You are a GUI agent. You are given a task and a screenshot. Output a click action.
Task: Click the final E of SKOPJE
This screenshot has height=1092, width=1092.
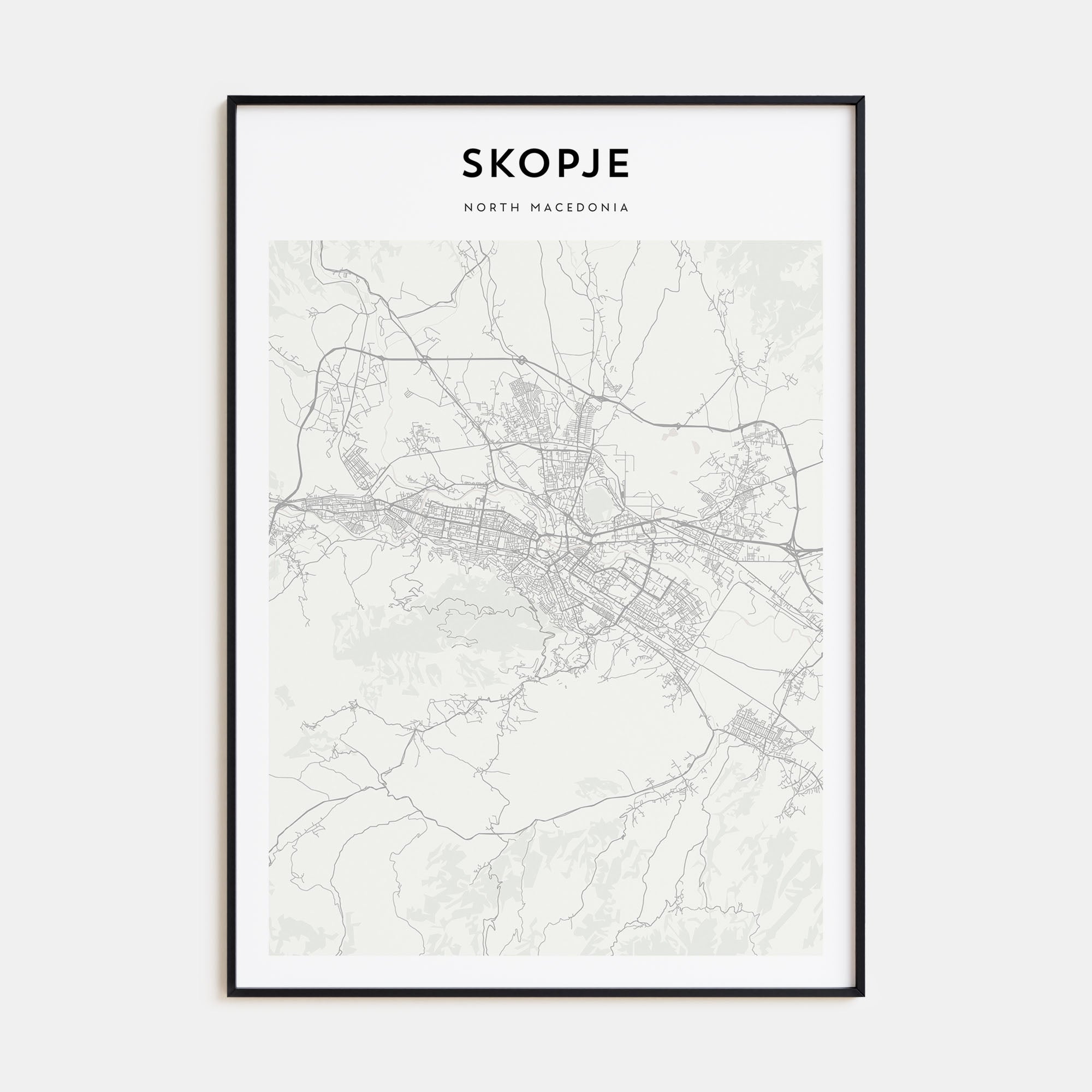point(618,164)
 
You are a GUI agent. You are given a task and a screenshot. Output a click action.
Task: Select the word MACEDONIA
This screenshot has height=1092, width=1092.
point(579,207)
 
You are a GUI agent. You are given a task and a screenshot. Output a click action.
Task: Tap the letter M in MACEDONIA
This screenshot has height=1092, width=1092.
point(535,207)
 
